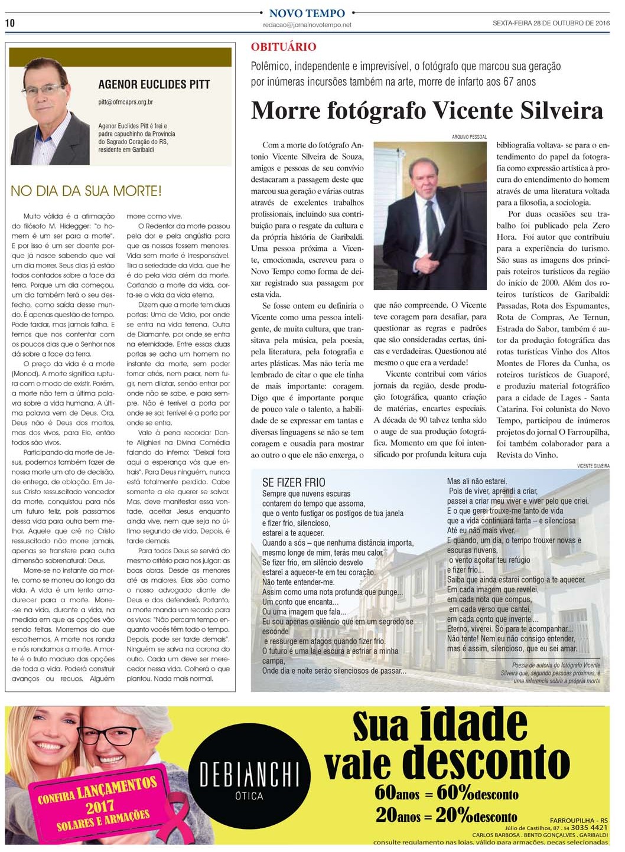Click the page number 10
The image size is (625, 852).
(10, 23)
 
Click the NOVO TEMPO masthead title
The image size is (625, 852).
(307, 13)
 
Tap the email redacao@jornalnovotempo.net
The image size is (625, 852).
(307, 25)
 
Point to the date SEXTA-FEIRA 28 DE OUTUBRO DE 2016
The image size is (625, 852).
(551, 24)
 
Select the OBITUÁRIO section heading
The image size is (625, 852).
(283, 47)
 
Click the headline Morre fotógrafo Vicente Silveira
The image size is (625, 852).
(427, 110)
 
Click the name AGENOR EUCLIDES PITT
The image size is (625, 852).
(154, 84)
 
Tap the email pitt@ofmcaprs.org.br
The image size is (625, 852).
(125, 102)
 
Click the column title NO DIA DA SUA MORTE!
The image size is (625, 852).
(86, 191)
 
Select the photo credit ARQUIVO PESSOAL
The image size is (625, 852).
(469, 137)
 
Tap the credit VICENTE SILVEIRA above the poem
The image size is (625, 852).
(593, 466)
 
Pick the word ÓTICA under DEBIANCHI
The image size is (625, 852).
(249, 796)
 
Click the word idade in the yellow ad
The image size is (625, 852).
(474, 724)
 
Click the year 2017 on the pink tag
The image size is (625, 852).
(100, 807)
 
